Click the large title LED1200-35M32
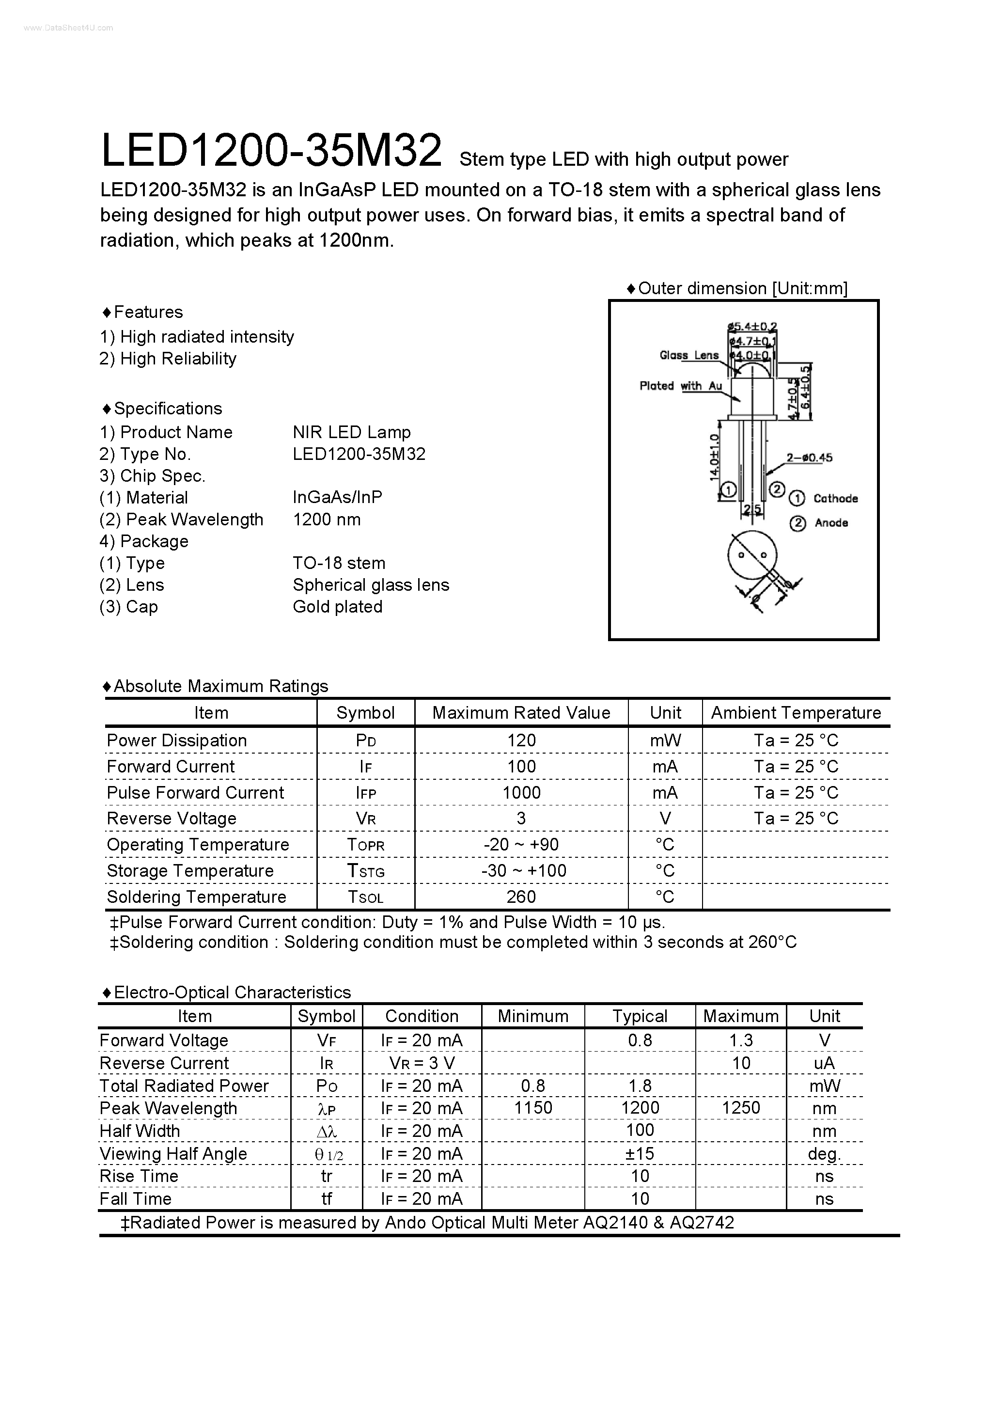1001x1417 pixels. (x=271, y=151)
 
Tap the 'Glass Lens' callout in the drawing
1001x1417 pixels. (x=688, y=356)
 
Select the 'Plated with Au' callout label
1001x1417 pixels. (x=680, y=386)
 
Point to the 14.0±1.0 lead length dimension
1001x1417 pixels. (x=714, y=457)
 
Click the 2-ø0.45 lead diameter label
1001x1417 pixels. (x=809, y=457)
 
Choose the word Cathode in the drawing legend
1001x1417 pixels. (x=836, y=499)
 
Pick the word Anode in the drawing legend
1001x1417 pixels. (x=831, y=523)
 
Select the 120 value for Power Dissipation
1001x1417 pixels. (x=521, y=740)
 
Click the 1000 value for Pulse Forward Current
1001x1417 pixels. (x=521, y=792)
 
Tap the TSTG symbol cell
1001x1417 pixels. (x=365, y=871)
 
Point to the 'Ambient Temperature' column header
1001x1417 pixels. (x=796, y=713)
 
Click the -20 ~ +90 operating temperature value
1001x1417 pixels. (x=521, y=845)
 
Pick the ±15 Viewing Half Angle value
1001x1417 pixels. (x=640, y=1153)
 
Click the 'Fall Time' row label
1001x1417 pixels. (x=135, y=1198)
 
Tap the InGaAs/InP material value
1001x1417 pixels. (x=338, y=497)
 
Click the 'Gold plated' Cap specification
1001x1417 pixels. (x=338, y=607)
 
